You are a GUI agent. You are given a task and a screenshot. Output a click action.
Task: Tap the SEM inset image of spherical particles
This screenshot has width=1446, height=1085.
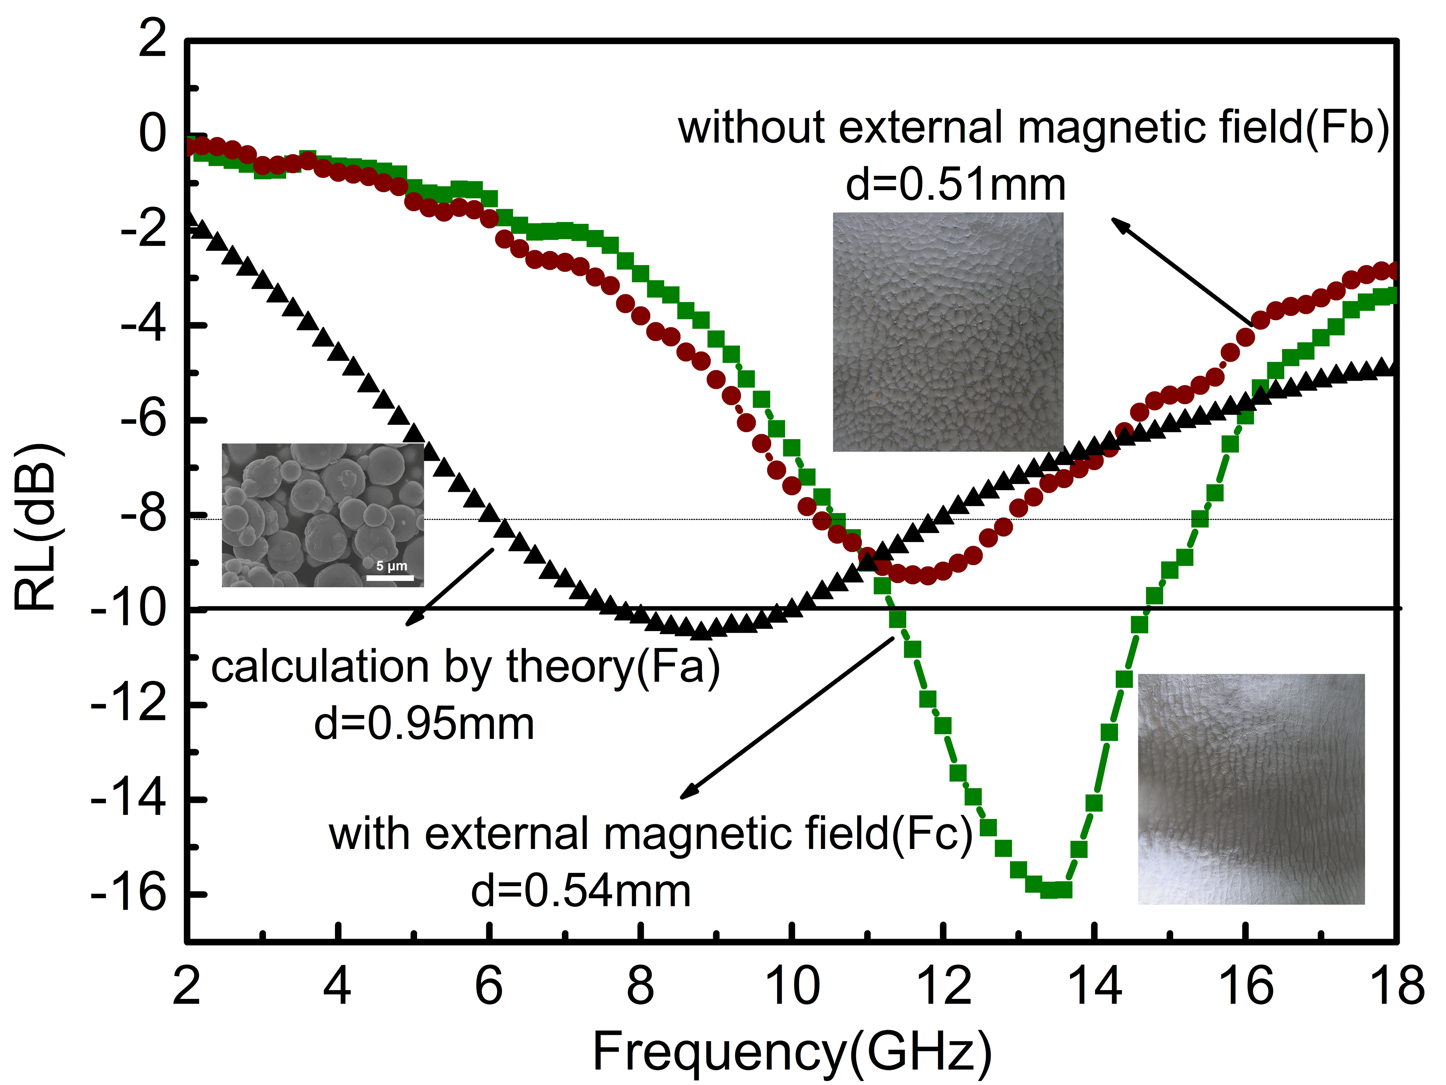tap(322, 515)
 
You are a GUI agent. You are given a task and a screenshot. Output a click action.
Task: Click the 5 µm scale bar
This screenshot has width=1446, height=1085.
tap(390, 577)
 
